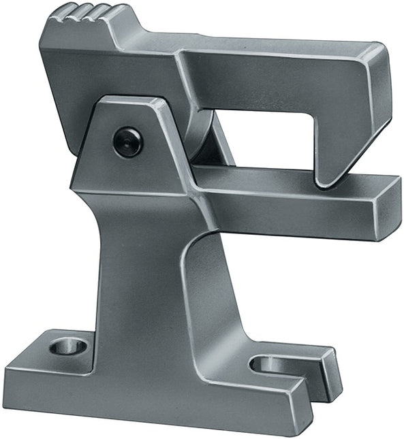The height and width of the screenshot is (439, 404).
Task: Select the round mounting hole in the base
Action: [67, 346]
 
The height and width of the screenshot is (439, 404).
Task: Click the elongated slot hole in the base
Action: [270, 364]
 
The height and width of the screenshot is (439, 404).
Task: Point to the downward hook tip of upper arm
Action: [326, 178]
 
